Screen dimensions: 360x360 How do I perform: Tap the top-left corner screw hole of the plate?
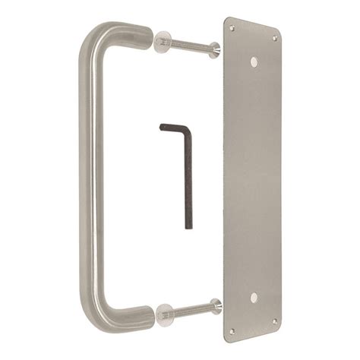[232, 29]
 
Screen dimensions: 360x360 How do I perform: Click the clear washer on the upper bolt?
[162, 41]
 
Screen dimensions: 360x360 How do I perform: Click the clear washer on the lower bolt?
[162, 312]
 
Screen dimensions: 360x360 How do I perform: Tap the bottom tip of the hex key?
[188, 226]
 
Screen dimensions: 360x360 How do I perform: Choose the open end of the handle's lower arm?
[150, 313]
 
